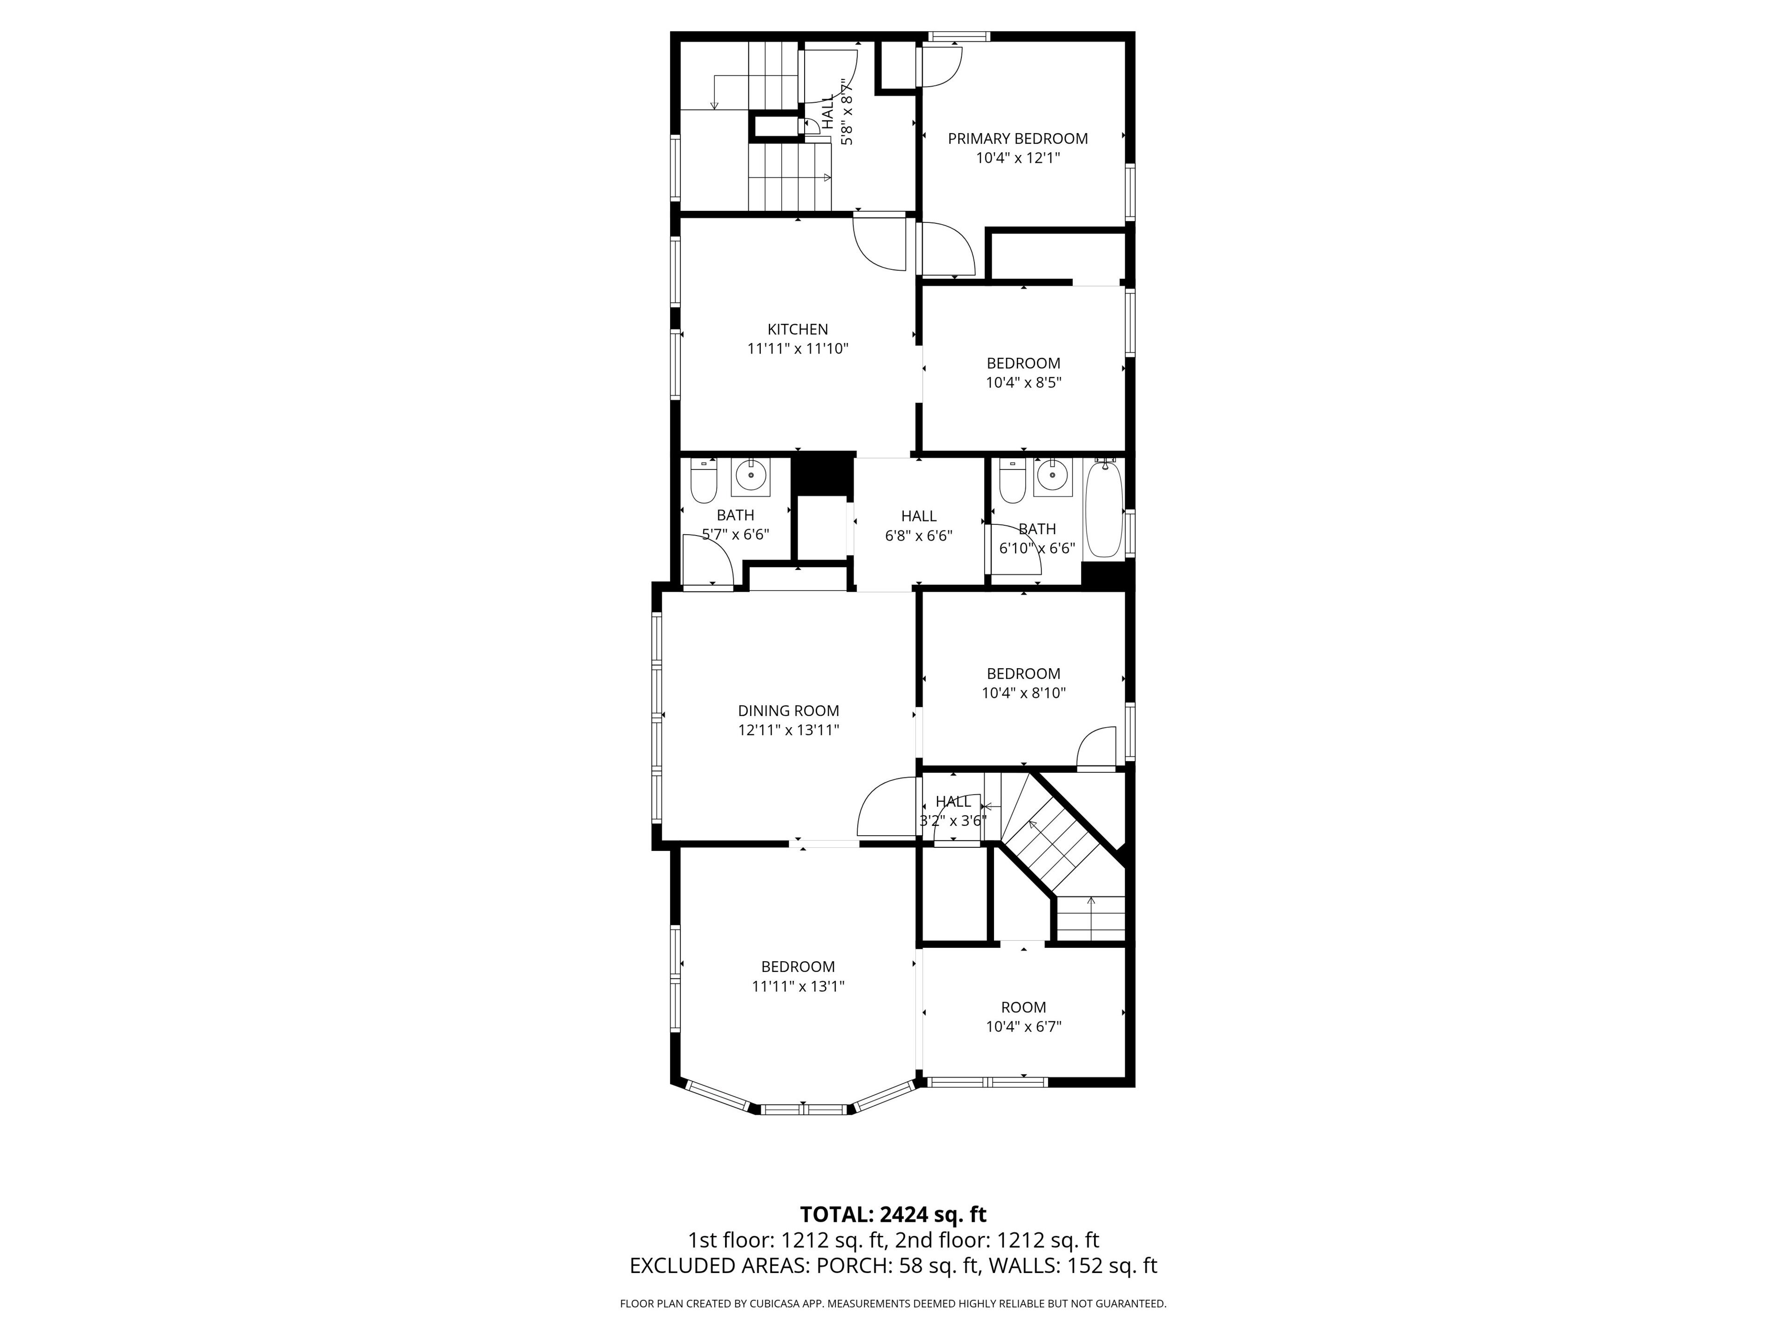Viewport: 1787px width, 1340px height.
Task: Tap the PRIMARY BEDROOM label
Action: click(1017, 139)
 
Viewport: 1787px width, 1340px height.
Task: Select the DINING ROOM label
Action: click(788, 711)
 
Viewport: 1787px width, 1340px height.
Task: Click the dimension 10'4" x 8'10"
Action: click(1023, 693)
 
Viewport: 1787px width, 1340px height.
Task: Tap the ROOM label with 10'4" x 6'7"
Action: click(1023, 1007)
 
